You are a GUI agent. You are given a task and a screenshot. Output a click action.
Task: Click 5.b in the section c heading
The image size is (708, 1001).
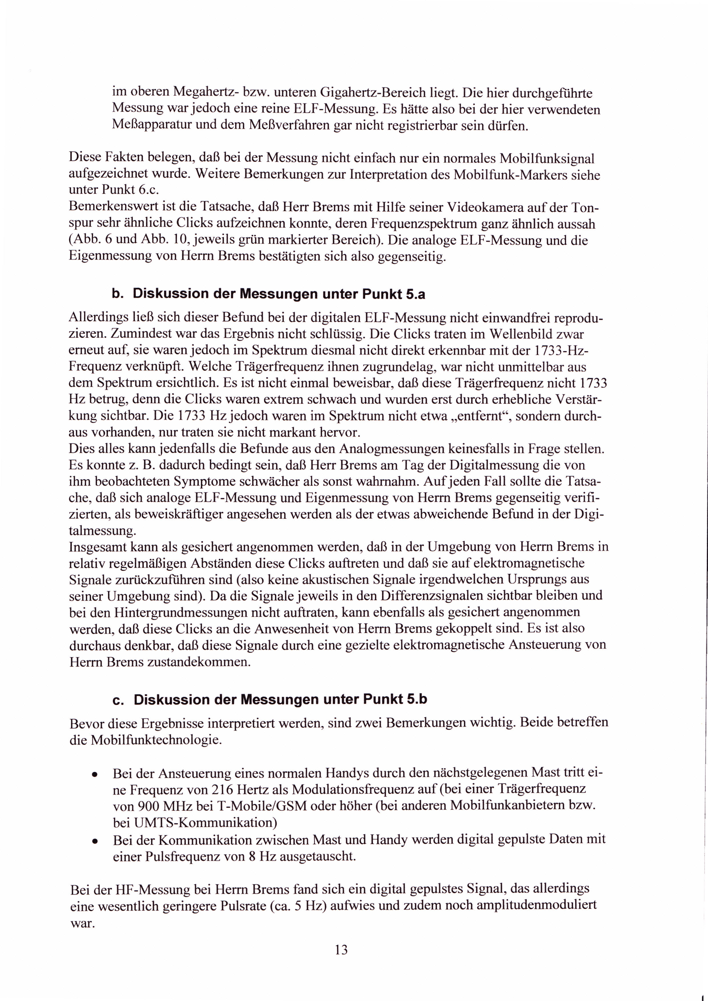pyautogui.click(x=417, y=699)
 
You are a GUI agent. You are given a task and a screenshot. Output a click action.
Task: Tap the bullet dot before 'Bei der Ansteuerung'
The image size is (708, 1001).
pyautogui.click(x=94, y=775)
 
